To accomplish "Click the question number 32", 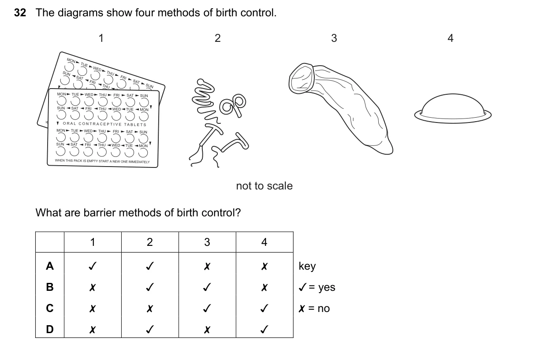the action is (20, 13).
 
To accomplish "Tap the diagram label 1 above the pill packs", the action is (101, 38).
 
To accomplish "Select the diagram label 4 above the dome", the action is (451, 38).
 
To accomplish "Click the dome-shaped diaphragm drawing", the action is (453, 109).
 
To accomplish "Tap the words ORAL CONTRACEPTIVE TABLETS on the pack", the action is (104, 124).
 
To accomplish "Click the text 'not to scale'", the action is (265, 186).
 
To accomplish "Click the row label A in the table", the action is (50, 266).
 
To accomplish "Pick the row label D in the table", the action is (50, 329).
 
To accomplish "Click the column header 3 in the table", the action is (207, 242).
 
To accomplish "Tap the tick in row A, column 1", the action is (93, 266).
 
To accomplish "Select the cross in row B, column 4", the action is (265, 287).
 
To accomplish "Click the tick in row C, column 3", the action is (207, 308).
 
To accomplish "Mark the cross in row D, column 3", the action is (207, 330).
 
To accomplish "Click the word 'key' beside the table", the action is (307, 266).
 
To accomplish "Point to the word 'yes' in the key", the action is (327, 287).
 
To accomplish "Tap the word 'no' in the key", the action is (324, 308).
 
